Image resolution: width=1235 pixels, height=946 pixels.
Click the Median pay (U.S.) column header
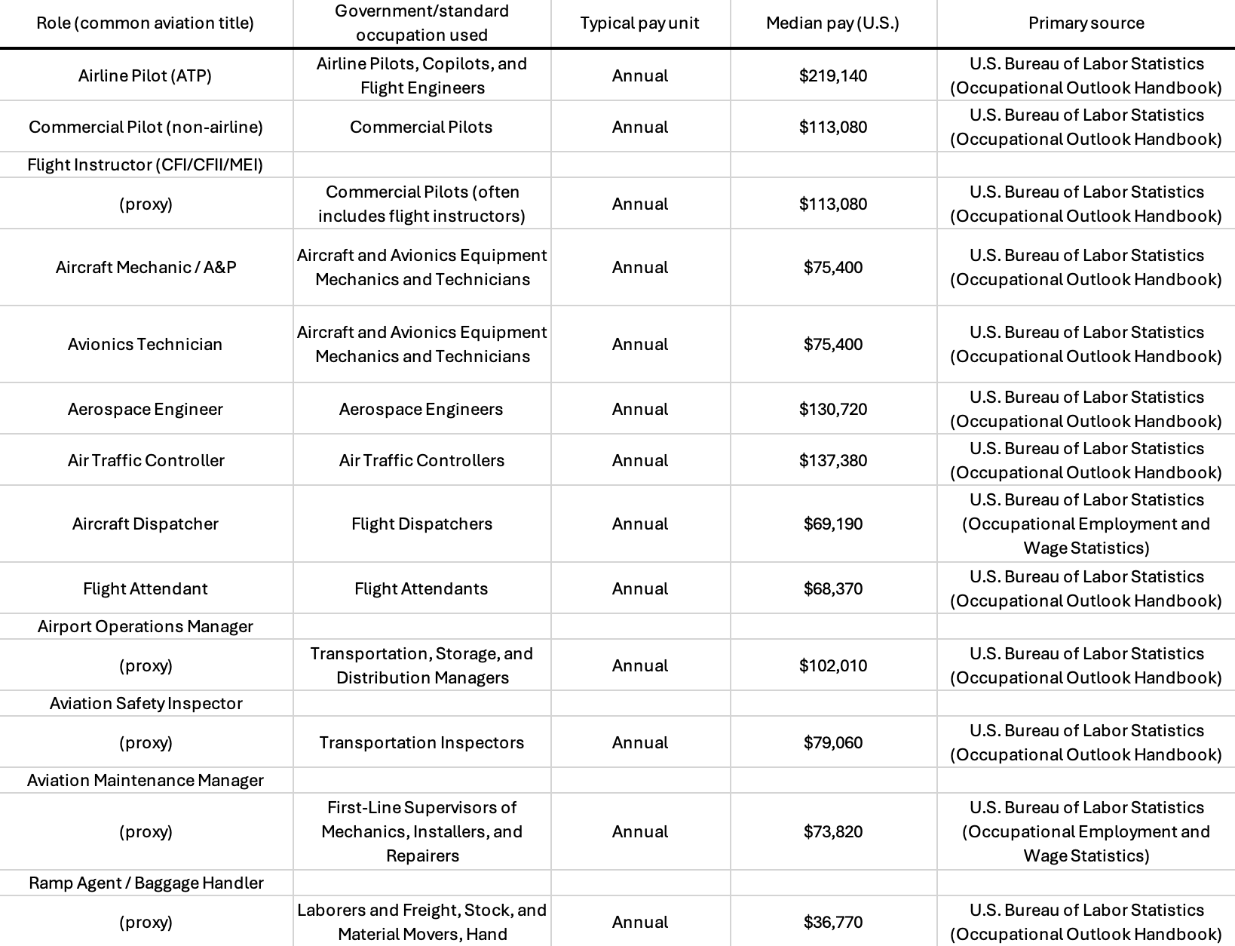[x=832, y=23]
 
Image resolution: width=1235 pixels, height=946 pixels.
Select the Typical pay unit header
[x=639, y=23]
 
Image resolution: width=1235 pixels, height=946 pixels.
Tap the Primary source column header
[x=1086, y=23]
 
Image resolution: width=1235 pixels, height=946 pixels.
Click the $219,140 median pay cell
[x=832, y=75]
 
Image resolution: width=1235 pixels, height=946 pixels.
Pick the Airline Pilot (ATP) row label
[x=145, y=75]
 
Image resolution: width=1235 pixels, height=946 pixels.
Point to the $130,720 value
[x=832, y=409]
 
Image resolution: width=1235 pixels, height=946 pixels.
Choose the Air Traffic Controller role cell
[x=146, y=460]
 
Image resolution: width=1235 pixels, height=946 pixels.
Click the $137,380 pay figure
[x=832, y=460]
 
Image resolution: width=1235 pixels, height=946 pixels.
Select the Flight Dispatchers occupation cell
[x=421, y=524]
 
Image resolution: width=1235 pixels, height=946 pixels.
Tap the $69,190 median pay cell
[x=832, y=524]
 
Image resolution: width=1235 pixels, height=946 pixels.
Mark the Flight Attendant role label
[x=145, y=588]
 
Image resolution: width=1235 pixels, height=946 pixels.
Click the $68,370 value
[x=832, y=588]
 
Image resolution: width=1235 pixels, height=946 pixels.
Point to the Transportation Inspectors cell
[x=421, y=742]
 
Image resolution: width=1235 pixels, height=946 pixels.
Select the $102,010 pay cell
[x=832, y=665]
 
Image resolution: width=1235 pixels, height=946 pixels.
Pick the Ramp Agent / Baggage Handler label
[x=146, y=883]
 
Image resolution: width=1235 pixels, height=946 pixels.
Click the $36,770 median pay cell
[x=832, y=922]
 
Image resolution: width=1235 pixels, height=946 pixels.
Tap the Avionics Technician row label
[x=145, y=344]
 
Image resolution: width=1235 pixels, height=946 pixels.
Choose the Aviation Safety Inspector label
[x=146, y=703]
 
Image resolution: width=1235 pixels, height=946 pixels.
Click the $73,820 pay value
[x=832, y=831]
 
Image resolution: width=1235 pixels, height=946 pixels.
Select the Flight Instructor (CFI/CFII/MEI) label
[x=145, y=164]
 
